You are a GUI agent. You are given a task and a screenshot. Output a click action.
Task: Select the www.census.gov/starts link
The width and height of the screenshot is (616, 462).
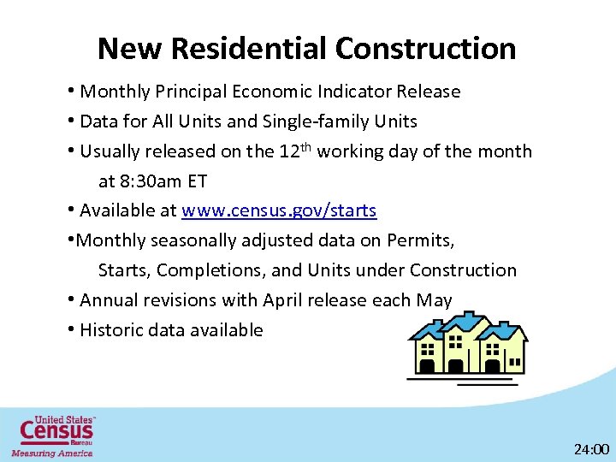279,210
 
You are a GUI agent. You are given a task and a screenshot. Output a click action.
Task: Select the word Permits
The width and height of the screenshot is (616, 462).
420,240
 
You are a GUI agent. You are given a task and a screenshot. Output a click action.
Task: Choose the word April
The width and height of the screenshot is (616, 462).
289,300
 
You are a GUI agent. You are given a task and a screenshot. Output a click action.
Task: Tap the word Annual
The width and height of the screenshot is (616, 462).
114,300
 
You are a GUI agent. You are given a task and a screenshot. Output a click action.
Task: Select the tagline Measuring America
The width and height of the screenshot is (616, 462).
52,453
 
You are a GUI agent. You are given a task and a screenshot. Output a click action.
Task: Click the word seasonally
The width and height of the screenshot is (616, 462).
193,240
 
